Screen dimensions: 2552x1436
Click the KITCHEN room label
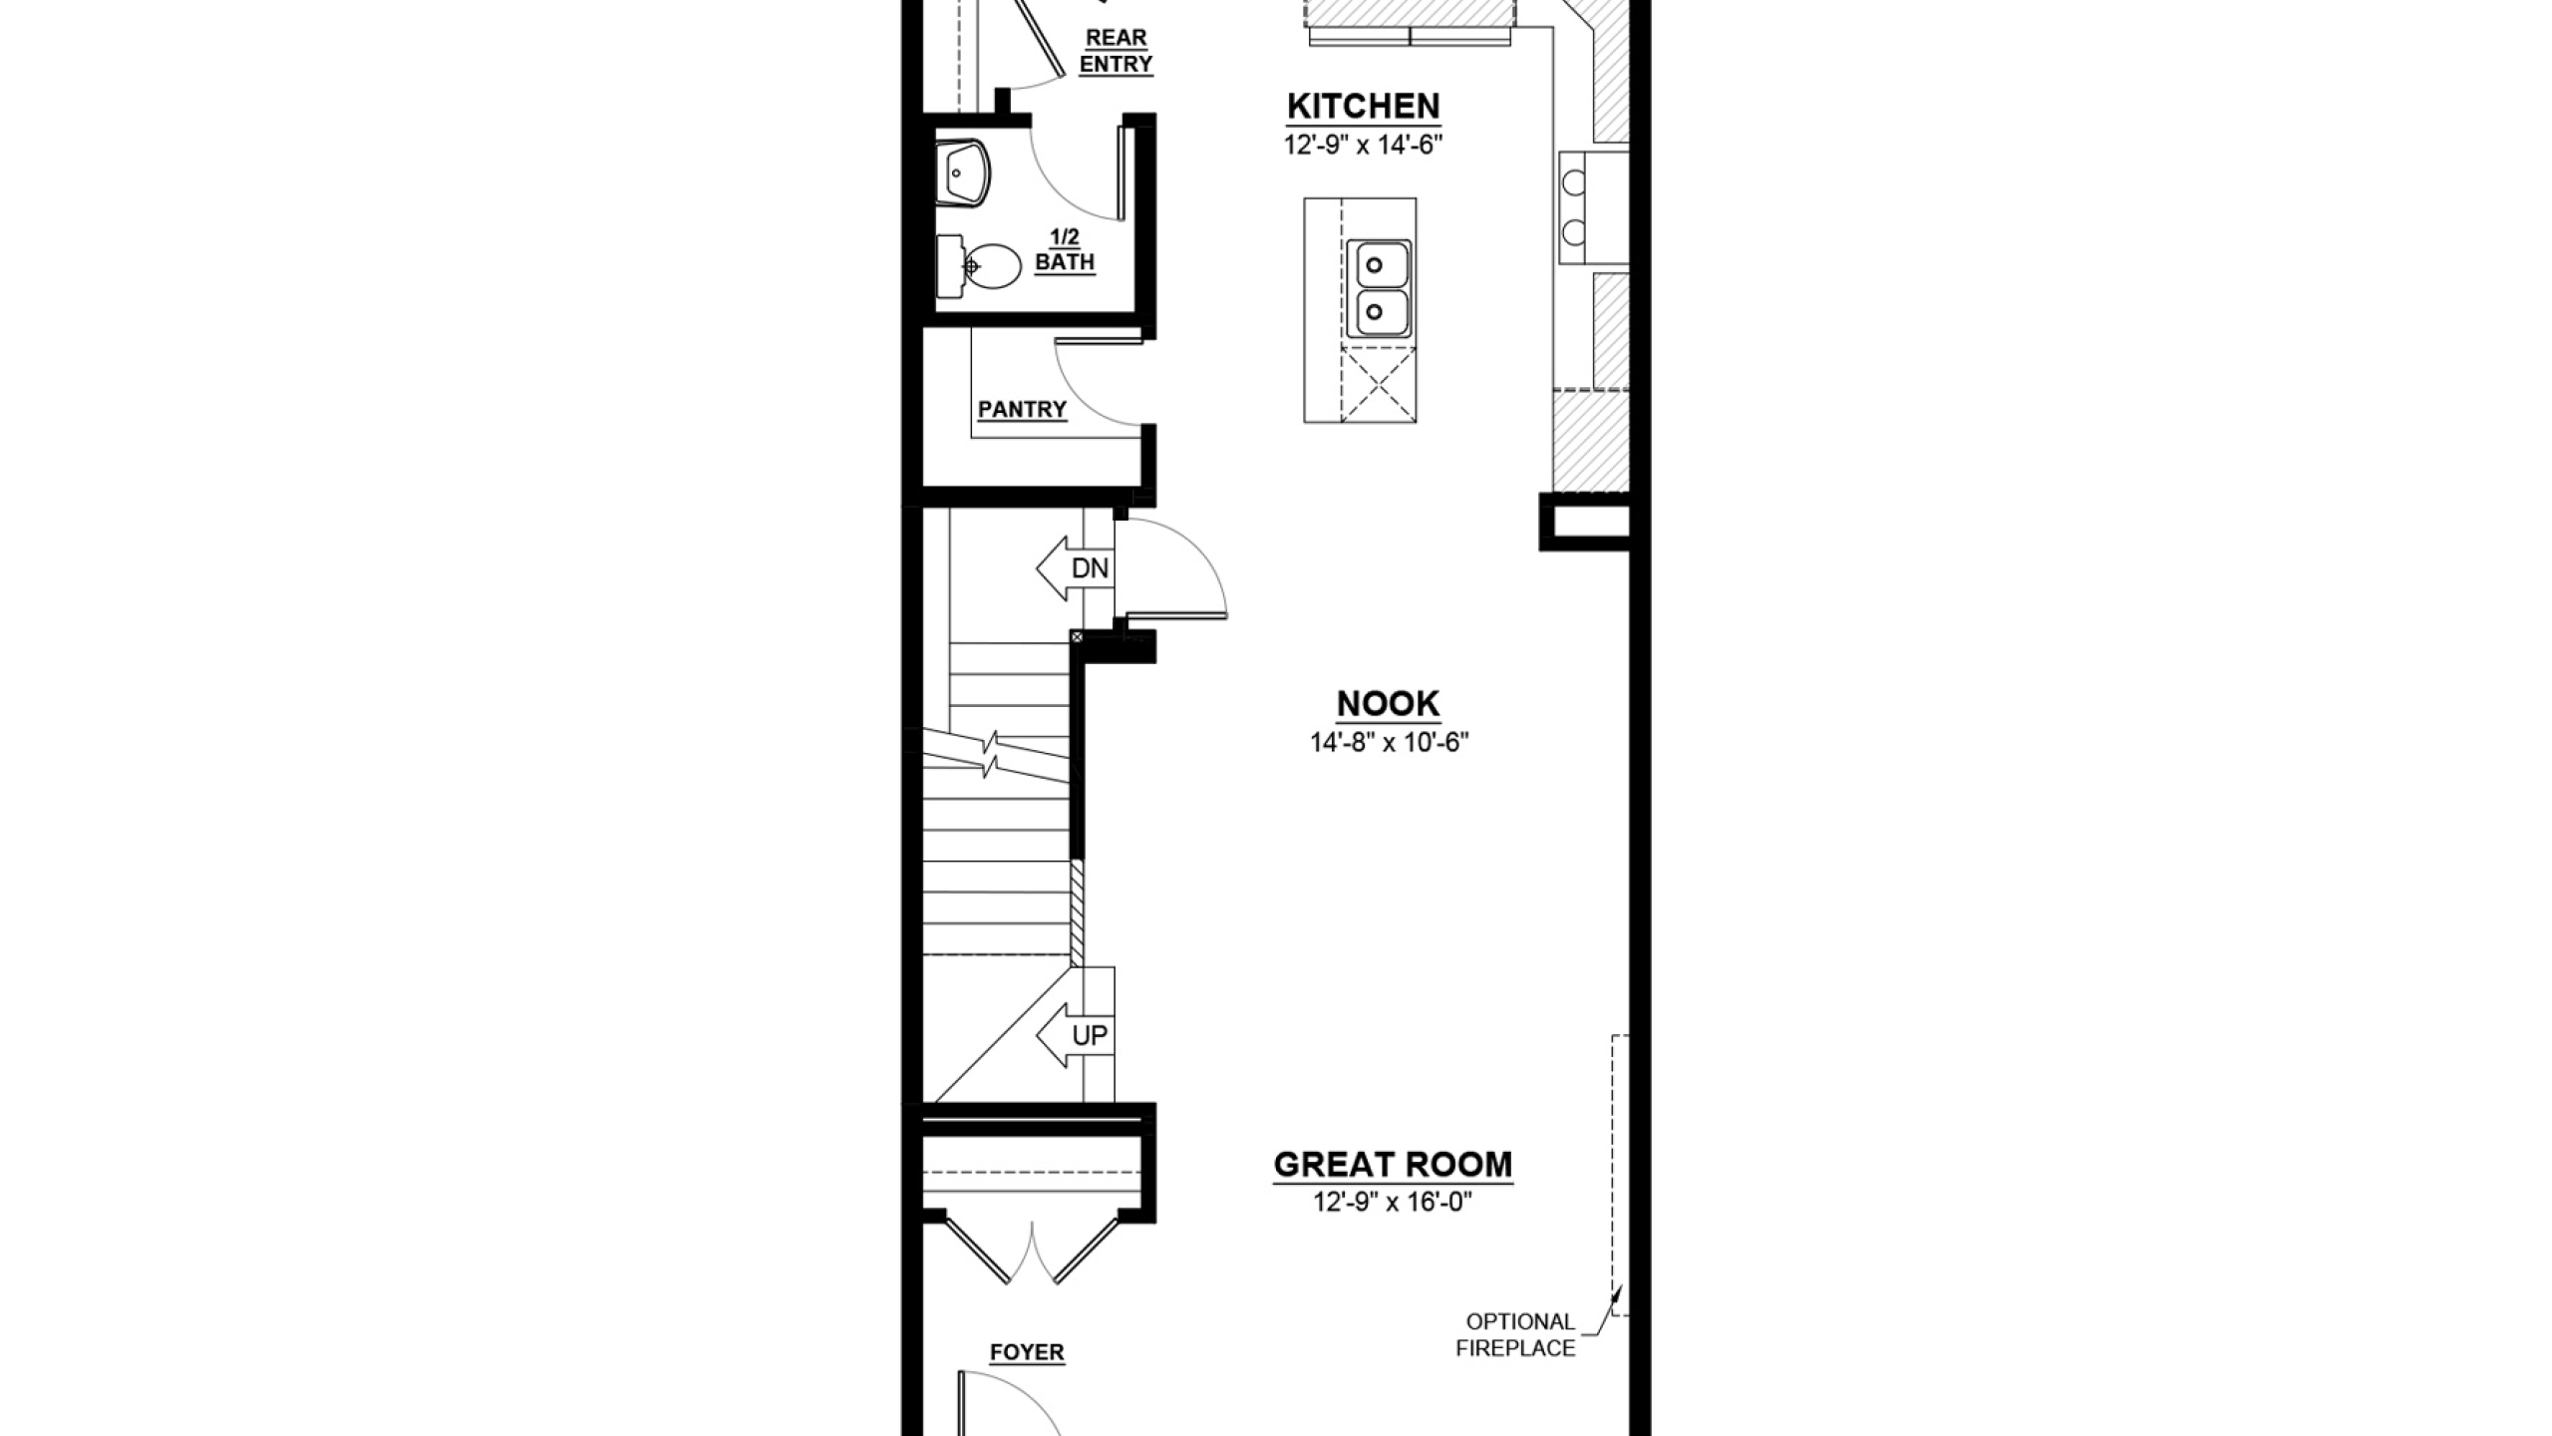point(1363,106)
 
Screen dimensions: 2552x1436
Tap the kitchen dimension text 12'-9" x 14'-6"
point(1363,146)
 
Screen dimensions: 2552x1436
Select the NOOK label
point(1388,704)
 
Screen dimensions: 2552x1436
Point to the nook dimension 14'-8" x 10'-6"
point(1390,743)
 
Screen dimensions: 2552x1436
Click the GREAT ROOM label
point(1393,1165)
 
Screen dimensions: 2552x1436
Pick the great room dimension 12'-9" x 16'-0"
point(1393,1203)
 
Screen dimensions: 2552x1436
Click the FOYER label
point(1027,1353)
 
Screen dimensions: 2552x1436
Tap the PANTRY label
point(1022,410)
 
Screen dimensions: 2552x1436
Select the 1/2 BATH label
point(1065,250)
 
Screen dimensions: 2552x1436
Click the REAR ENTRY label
point(1116,51)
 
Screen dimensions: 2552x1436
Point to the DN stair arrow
point(1074,568)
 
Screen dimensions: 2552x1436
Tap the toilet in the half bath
point(979,267)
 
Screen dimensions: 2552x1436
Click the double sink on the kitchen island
point(1379,289)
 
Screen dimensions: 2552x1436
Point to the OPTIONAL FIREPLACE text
point(1516,1335)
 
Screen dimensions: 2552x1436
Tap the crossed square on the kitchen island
point(1379,384)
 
